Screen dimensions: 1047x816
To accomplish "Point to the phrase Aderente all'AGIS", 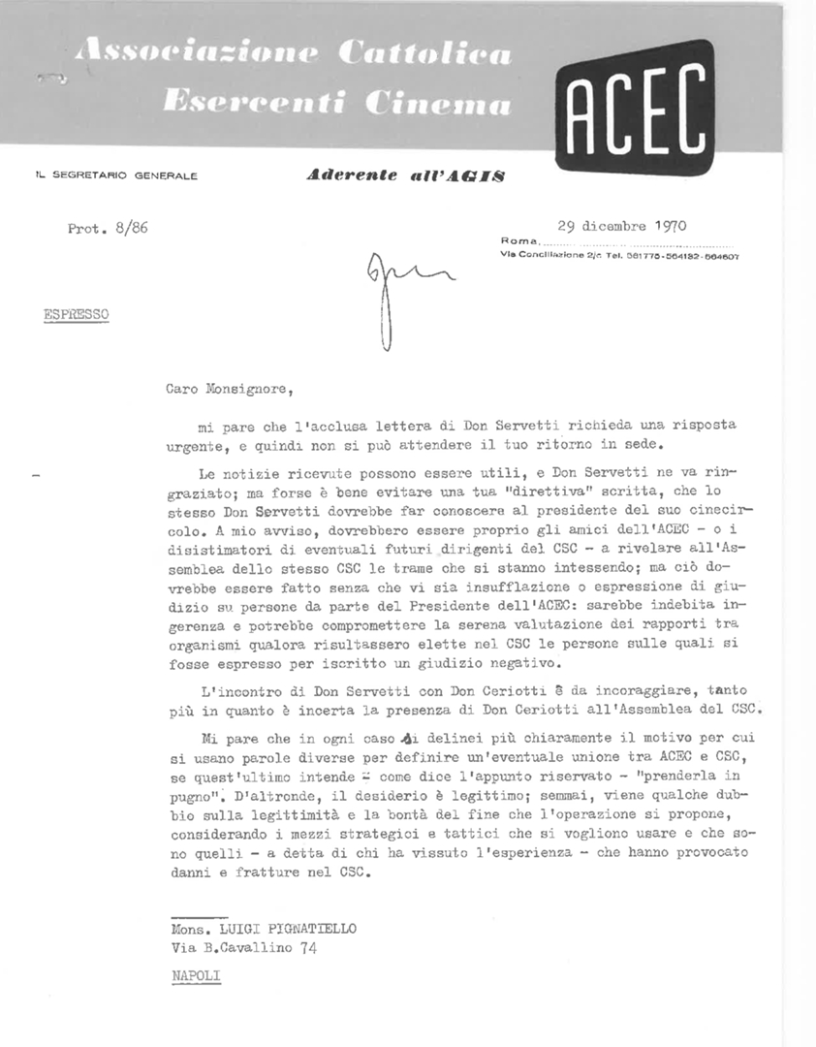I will click(405, 175).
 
